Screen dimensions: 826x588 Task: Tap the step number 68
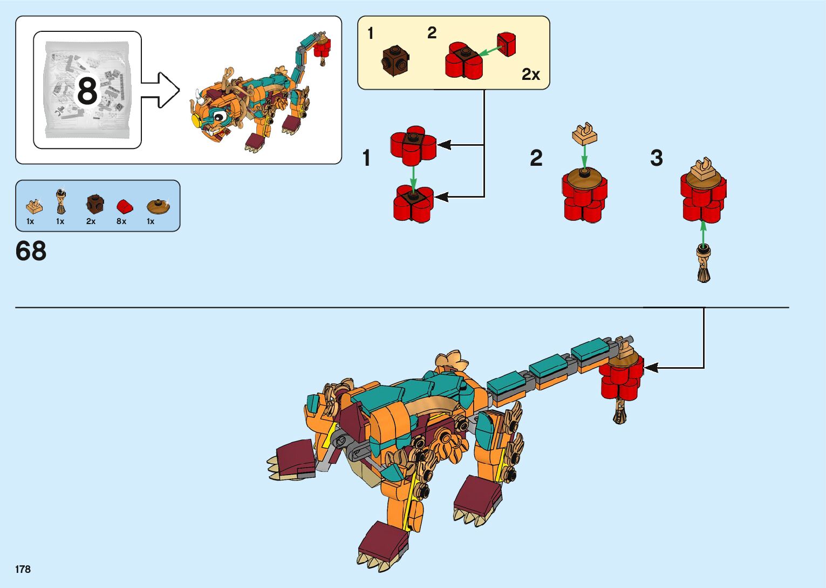coord(31,252)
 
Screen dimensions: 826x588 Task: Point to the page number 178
coord(23,569)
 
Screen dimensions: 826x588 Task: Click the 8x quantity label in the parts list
coord(121,221)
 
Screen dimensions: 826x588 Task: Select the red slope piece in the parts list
coord(123,206)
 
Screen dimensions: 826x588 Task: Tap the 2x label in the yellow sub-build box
coord(530,75)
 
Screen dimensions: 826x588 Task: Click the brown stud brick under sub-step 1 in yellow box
coord(395,60)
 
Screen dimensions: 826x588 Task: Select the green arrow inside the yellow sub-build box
coord(490,51)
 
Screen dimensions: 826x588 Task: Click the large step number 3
coord(656,158)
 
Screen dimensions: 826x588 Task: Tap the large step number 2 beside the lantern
coord(536,158)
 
